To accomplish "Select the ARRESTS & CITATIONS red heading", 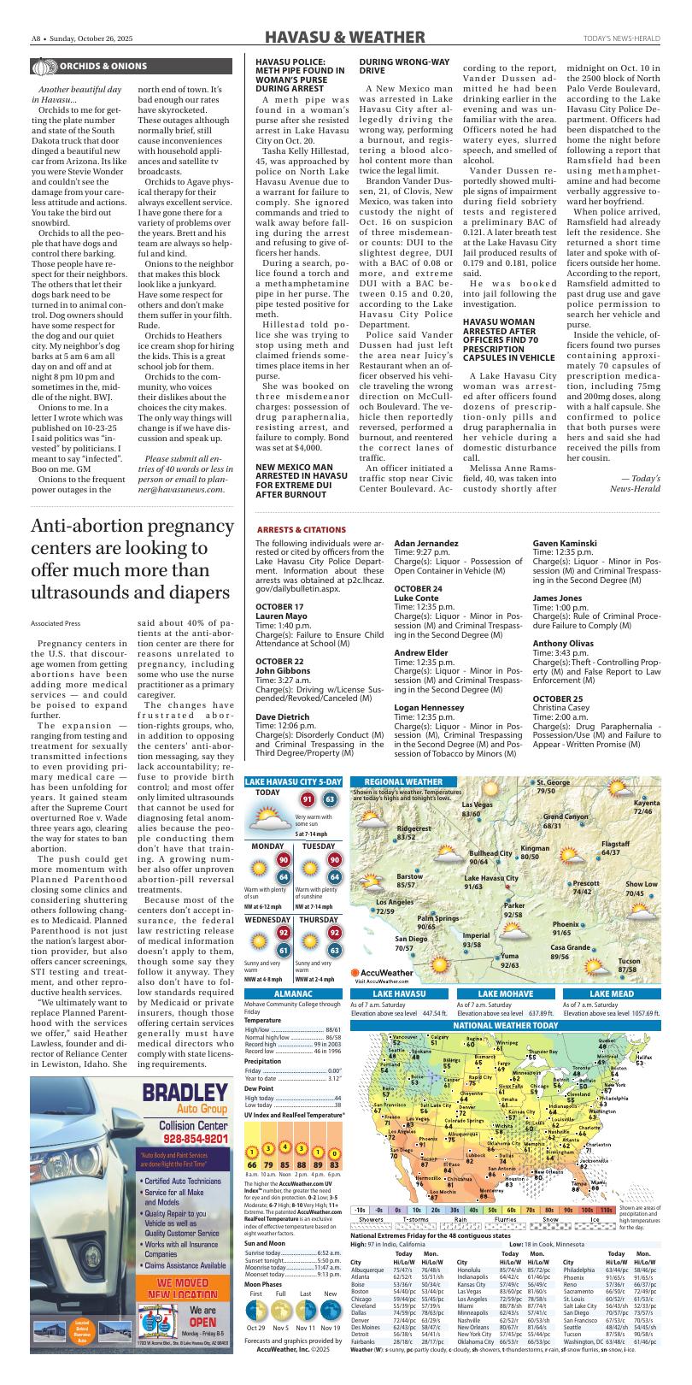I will (294, 530).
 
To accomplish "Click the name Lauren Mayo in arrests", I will (281, 616).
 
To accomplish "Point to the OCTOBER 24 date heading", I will (418, 589).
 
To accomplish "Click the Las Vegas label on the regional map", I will (477, 805).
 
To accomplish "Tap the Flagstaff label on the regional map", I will (615, 843).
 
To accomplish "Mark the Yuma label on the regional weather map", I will (510, 955).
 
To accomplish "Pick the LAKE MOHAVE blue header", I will (505, 993).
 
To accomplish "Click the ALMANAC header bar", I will (292, 993).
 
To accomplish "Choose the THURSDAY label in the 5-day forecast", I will (319, 920).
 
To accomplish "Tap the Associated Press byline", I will (55, 623).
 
